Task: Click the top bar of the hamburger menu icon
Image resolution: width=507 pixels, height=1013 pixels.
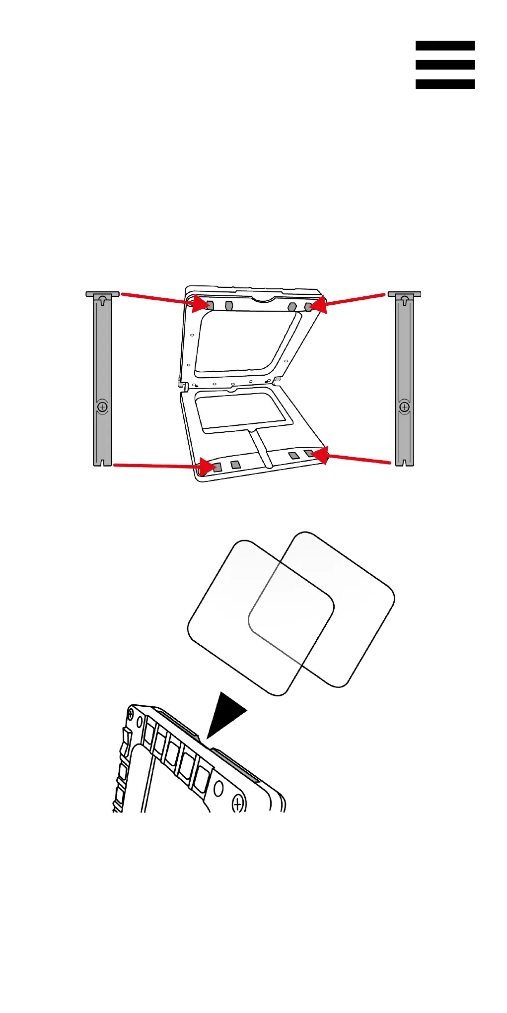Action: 445,46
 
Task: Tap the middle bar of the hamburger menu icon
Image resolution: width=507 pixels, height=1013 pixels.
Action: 445,65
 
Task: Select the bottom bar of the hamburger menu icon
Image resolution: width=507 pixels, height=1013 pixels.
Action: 445,84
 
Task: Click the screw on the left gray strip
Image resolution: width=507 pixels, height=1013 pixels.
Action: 103,407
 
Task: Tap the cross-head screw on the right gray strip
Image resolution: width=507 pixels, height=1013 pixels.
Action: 405,407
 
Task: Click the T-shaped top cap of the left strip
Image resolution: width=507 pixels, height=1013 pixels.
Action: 103,294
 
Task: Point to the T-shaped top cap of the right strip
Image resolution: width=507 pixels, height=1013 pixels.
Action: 405,294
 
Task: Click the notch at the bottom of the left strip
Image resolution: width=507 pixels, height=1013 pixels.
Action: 103,463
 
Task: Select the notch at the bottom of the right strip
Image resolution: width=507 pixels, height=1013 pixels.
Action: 405,463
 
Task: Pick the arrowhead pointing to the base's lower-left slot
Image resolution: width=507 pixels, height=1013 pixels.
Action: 207,467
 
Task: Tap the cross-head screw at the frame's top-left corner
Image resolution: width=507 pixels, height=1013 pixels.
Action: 131,715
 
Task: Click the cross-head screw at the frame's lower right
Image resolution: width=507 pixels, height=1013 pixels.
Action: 238,804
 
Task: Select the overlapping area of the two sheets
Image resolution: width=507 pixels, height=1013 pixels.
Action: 291,613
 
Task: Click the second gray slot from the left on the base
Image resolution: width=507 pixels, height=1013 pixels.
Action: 235,465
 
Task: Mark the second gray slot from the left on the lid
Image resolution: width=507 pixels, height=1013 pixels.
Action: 229,305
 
